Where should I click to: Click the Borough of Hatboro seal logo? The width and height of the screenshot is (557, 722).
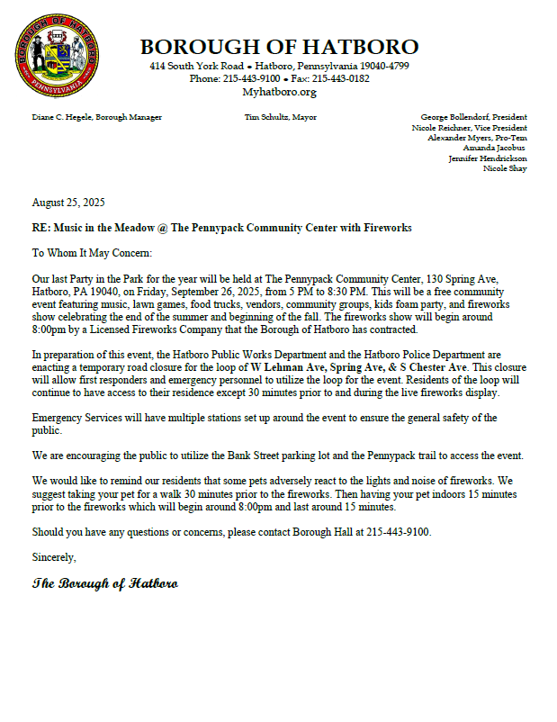coord(57,56)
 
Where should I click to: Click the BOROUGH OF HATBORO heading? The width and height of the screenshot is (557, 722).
coord(279,47)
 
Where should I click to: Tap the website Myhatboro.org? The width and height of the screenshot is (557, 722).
coord(279,92)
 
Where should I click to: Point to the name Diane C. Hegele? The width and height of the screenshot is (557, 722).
coord(65,117)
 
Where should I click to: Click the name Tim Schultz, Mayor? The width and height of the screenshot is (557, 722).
coord(280,117)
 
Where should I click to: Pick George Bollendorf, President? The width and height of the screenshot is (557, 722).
coord(473,117)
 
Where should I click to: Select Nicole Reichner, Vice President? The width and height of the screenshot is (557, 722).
coord(469,128)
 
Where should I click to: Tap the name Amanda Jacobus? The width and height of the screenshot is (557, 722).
coord(493,148)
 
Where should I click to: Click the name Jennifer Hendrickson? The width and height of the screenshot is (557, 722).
coord(488,158)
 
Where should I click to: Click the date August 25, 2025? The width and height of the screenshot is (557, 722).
coord(68,202)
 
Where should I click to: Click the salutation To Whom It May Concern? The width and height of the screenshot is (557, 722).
coord(92,254)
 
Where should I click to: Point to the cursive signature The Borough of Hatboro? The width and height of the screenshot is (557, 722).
coord(104,583)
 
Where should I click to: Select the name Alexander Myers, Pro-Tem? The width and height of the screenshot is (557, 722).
coord(477,138)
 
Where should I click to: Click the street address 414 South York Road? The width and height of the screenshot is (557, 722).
coord(196,67)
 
